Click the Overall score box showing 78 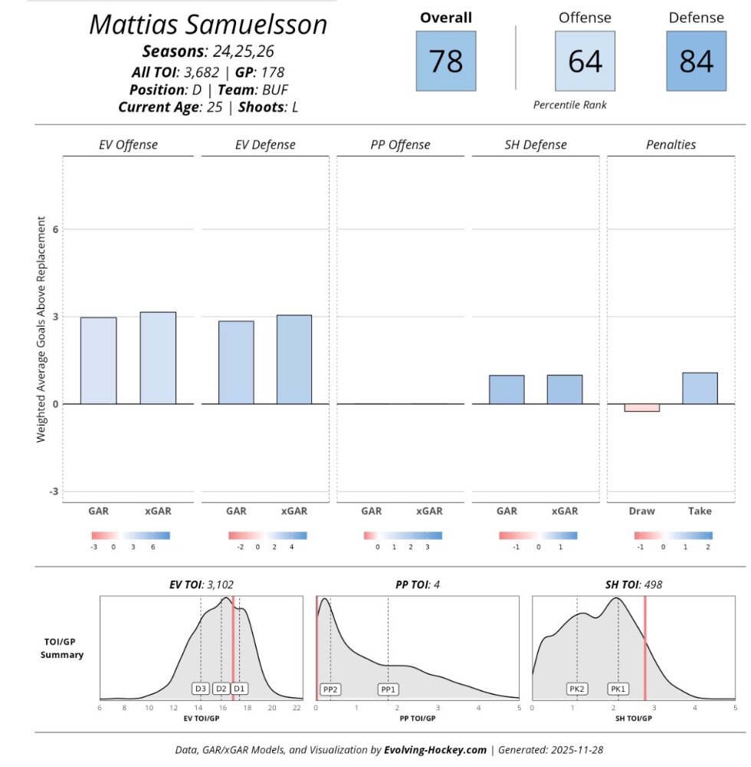tap(446, 61)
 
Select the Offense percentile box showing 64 tap(585, 61)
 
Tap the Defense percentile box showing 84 tap(696, 61)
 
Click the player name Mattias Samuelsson tap(208, 25)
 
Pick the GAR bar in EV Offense tap(99, 360)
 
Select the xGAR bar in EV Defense tap(294, 359)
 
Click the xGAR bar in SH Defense tap(565, 389)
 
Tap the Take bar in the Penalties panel tap(700, 388)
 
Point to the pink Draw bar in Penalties tap(642, 407)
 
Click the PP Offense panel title tap(395, 144)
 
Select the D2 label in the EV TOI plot tap(221, 689)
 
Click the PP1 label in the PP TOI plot tap(389, 690)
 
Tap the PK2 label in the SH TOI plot tap(577, 690)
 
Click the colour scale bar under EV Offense tap(130, 535)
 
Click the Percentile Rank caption tap(570, 104)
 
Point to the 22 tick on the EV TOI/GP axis tap(297, 708)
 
